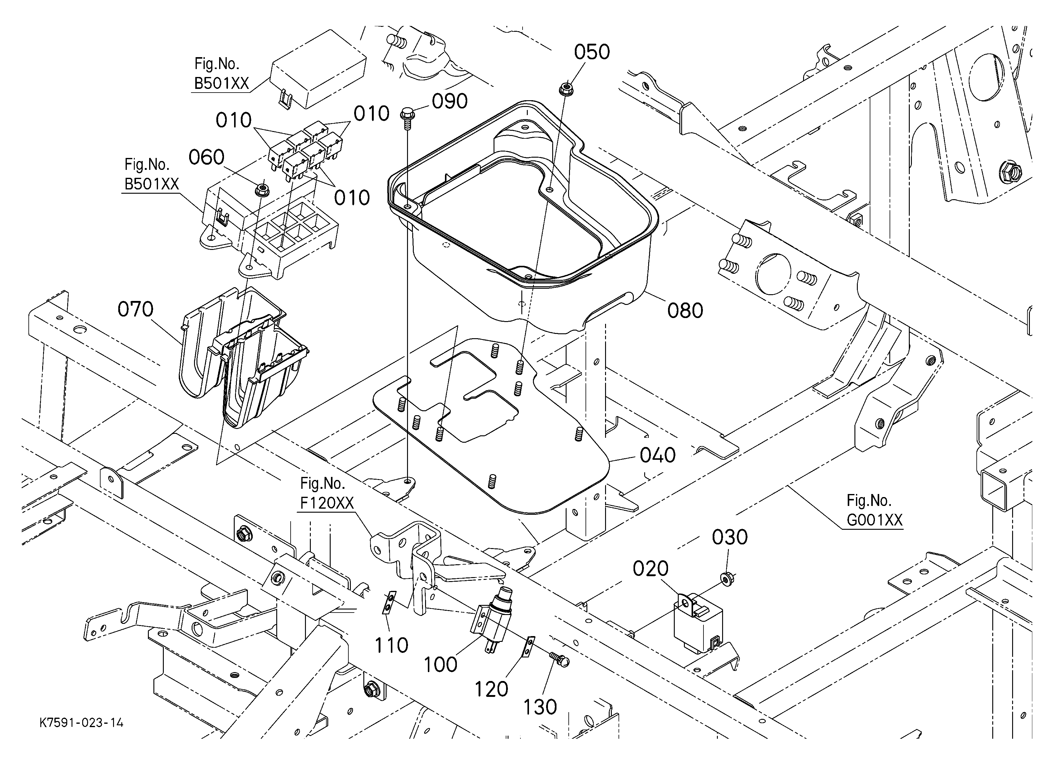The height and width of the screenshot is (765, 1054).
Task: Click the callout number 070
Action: pos(135,309)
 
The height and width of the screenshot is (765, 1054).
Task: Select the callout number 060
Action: pos(206,157)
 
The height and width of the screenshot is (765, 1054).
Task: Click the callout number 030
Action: pos(729,537)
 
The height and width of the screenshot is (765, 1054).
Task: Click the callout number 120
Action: pos(491,689)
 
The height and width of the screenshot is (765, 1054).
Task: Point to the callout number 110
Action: pos(391,645)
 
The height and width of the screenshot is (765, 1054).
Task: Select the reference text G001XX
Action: pos(874,520)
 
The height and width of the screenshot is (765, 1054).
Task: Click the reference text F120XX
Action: pos(327,503)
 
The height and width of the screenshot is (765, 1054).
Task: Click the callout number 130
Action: pos(540,707)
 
